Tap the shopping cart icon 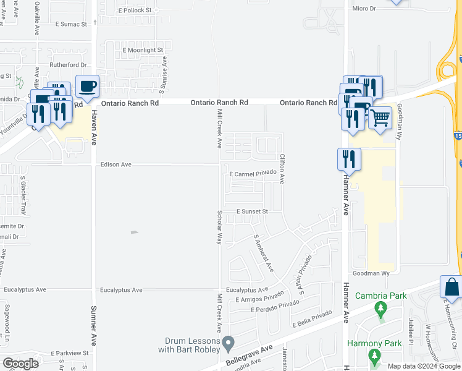click(380, 116)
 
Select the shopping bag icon click(451, 287)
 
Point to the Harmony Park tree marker click(374, 356)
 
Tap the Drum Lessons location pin click(229, 342)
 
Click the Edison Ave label click(116, 164)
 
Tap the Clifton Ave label click(282, 169)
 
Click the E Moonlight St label click(142, 49)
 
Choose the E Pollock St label click(135, 11)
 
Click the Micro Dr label click(364, 9)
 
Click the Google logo click(20, 363)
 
